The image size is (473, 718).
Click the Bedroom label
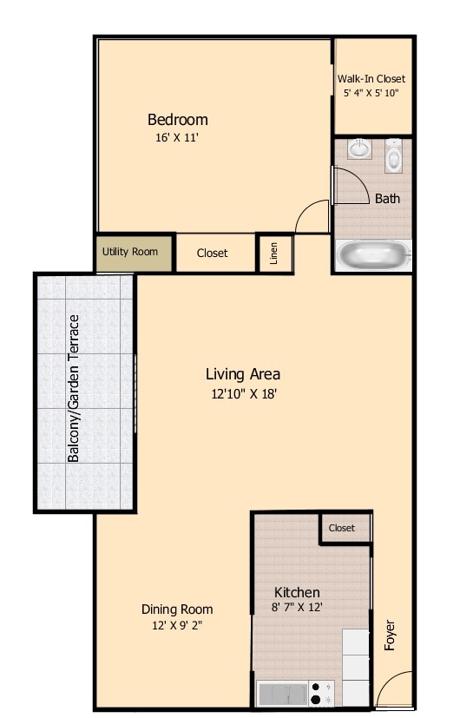177,120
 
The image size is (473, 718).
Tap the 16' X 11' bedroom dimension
177,136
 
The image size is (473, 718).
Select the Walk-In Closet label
371,79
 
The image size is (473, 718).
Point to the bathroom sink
359,150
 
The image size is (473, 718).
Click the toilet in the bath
394,157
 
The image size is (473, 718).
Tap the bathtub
373,256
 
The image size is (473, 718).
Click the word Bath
387,199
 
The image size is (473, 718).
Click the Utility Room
130,253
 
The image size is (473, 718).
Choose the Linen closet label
273,253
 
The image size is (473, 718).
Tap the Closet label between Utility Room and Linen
212,254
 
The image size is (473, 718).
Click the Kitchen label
297,592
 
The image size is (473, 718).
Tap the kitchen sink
283,694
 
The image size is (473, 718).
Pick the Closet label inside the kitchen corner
342,528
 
